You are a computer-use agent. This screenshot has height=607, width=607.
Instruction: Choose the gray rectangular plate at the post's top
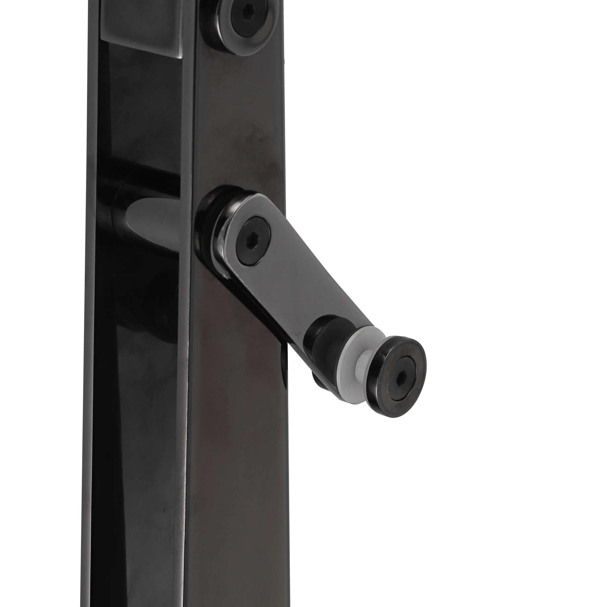coord(141,28)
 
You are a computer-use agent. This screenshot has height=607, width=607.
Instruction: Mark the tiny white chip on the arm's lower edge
coord(224,277)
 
